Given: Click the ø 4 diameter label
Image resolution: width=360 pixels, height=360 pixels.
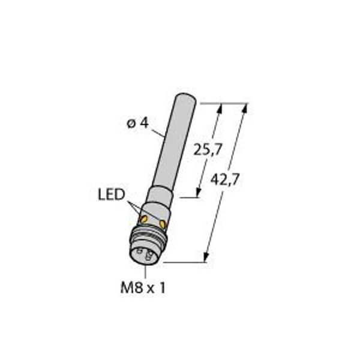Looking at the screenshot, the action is pos(138,124).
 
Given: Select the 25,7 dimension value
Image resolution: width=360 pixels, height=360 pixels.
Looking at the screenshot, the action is pos(208,149).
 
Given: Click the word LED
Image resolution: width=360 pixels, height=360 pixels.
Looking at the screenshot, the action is pos(112,194).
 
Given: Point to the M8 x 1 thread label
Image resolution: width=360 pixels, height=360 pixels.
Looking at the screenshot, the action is pos(143,288).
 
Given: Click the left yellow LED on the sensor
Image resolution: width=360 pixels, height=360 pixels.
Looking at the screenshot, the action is pos(144,220).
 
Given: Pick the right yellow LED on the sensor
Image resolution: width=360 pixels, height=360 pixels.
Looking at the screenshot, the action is pos(163,224).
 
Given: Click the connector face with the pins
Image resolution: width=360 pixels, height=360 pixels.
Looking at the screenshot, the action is pos(145,255).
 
